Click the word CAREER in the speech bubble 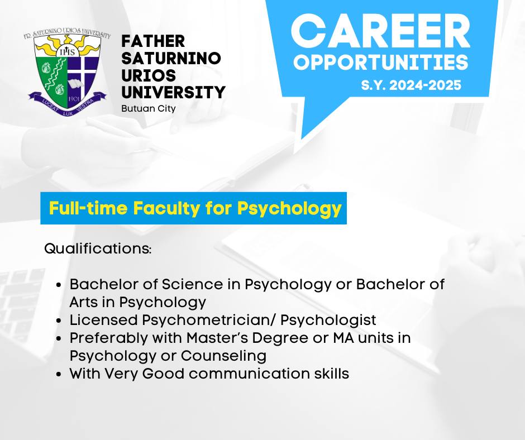click(380, 31)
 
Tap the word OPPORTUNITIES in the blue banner click(381, 63)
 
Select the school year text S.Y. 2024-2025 click(411, 85)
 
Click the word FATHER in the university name click(153, 41)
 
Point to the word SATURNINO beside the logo click(171, 58)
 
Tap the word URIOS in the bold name click(149, 75)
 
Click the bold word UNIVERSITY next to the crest click(174, 93)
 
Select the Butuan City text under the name click(149, 109)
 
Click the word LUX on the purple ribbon click(68, 112)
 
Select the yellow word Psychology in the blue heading click(289, 209)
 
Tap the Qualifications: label click(98, 249)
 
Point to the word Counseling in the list click(223, 356)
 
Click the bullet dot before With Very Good click(59, 374)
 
